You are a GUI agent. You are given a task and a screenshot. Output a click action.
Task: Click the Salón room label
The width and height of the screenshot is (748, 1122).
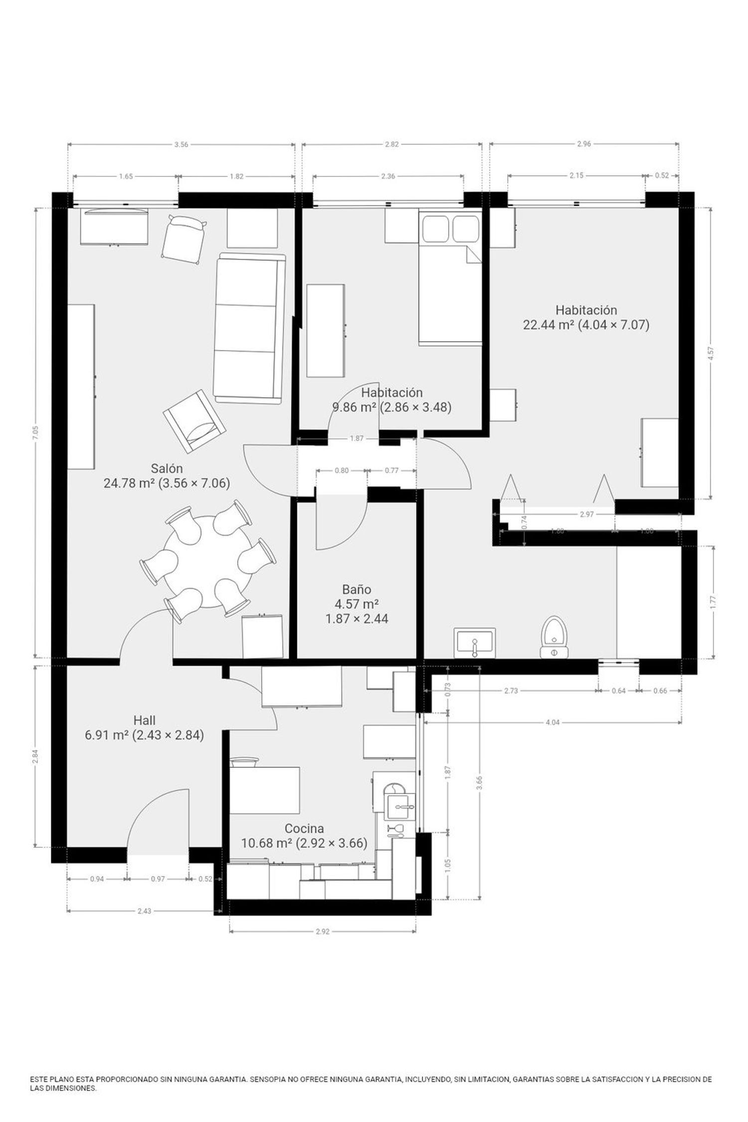[167, 468]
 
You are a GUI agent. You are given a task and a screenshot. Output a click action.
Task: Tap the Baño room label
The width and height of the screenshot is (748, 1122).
[356, 589]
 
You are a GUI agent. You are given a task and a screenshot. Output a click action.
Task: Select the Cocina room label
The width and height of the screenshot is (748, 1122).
[304, 828]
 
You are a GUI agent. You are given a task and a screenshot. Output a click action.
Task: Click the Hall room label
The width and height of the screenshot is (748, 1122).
[144, 720]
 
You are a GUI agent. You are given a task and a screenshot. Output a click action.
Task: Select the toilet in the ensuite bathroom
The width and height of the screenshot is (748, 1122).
[554, 638]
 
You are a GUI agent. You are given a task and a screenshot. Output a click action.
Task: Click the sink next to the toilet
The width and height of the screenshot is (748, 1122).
[475, 642]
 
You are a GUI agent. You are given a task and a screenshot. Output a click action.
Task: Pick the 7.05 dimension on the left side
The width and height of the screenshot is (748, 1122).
[35, 432]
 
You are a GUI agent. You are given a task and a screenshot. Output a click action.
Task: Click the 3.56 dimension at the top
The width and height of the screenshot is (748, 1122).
[182, 145]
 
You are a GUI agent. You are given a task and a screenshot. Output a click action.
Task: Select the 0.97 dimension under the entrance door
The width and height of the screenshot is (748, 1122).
[158, 879]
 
